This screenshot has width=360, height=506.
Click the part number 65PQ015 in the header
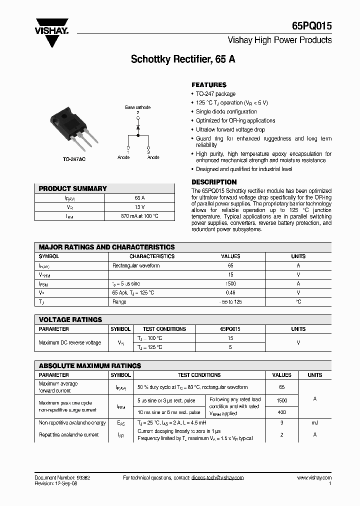pos(311,26)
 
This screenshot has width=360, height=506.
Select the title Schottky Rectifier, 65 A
pos(183,59)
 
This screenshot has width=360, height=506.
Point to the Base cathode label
pos(137,107)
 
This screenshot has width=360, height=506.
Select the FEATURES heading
pos(209,85)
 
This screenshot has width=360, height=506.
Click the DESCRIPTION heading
pos(214,182)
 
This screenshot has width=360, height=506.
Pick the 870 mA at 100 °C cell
pos(139,216)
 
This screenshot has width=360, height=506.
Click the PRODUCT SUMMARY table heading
pos(73,188)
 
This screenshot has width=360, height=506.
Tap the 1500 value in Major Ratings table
pos(230,283)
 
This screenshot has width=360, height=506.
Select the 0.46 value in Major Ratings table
pos(230,292)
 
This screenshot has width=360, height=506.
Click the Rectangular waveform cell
pos(136,265)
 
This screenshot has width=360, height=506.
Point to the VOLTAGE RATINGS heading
pos(70,319)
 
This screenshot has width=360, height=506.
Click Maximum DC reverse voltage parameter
pos(69,342)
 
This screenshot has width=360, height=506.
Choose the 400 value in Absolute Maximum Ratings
pos(281,412)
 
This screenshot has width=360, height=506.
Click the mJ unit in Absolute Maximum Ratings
pos(314,423)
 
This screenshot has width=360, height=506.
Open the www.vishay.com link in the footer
pos(314,477)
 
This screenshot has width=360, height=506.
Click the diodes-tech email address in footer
pos(217,477)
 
